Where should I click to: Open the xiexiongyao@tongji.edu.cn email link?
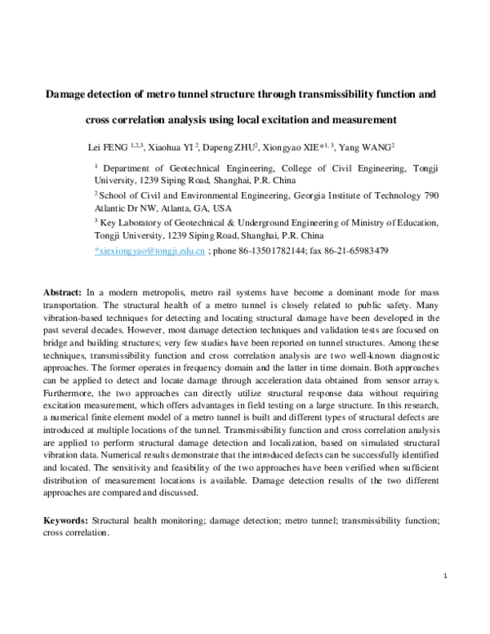point(149,251)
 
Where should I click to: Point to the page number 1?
point(445,577)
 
